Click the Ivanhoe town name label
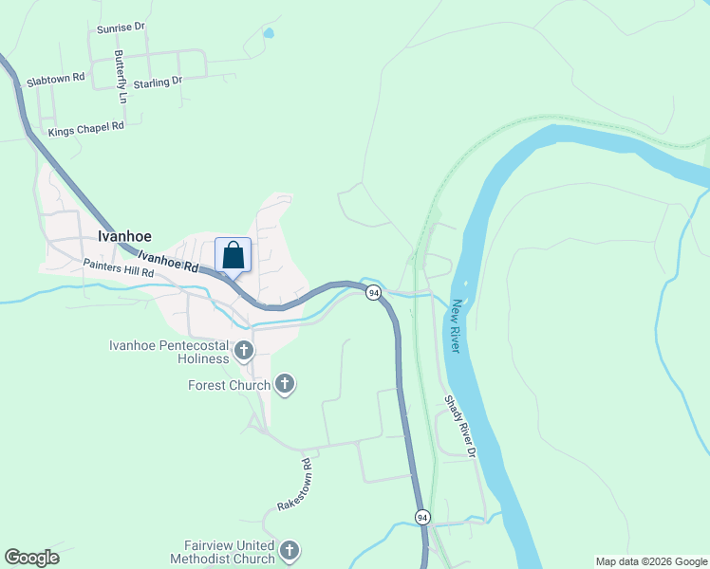[124, 237]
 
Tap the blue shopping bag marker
[234, 255]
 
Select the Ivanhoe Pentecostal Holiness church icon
[243, 352]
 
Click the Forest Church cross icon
[284, 384]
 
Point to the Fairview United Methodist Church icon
[290, 550]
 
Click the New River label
[458, 326]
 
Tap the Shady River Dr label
[459, 426]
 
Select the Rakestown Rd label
[294, 486]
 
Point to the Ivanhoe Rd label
[167, 261]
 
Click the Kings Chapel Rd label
[86, 127]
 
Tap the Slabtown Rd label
[57, 79]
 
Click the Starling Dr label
[158, 83]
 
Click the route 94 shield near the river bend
[374, 292]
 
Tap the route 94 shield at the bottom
[422, 517]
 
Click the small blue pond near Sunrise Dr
[269, 33]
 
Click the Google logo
[31, 558]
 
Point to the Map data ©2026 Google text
[651, 561]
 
